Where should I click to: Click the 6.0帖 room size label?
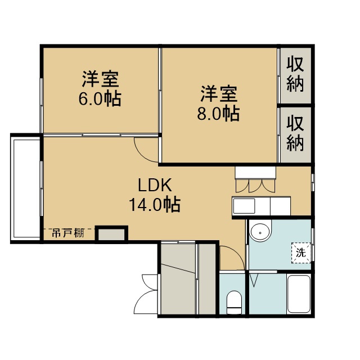tap(100, 99)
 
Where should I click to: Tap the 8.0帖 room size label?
tap(218, 114)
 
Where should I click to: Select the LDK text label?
tap(155, 185)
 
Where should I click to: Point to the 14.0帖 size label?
tap(155, 205)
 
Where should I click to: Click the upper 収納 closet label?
tap(295, 74)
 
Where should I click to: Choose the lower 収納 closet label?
tap(295, 133)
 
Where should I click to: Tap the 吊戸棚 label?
tap(68, 233)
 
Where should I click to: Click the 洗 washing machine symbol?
tap(301, 253)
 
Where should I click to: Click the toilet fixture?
tap(234, 302)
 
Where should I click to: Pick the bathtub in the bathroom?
tap(299, 294)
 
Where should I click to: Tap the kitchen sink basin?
tap(244, 206)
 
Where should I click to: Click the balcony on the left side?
tap(25, 188)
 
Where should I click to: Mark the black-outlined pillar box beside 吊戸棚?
tap(111, 234)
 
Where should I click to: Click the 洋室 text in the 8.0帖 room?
tap(219, 94)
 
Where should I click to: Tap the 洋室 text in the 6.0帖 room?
tap(100, 79)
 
